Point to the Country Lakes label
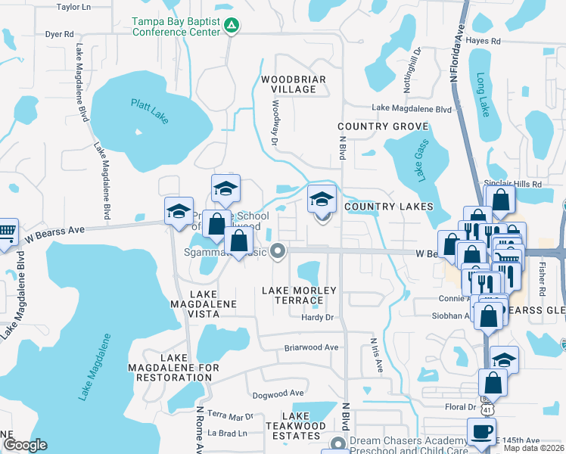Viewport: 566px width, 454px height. point(388,207)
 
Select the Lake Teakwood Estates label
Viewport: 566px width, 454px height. point(301,426)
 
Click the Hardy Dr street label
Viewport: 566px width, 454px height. point(318,317)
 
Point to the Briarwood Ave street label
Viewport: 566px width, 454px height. point(311,347)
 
